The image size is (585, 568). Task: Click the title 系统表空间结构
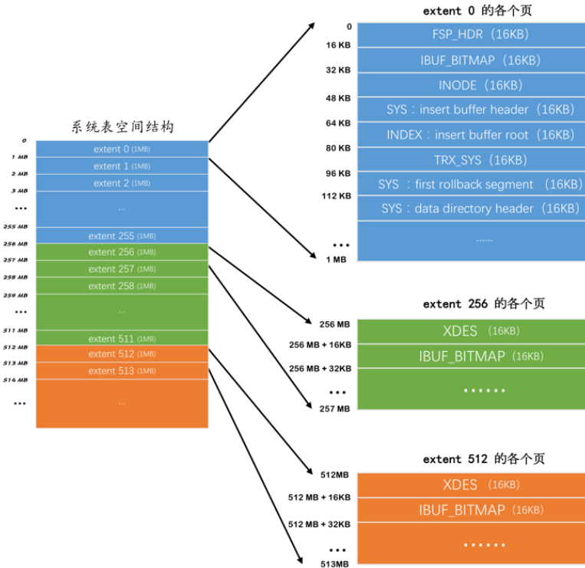coord(123,126)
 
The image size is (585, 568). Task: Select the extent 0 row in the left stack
coord(122,149)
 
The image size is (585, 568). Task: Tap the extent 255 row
coord(122,236)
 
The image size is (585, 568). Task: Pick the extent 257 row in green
coord(122,269)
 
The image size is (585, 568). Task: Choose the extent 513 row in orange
coord(122,371)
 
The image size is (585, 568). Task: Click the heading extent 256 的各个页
coord(483,304)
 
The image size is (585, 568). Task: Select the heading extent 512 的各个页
coord(483,458)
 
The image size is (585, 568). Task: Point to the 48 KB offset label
coord(337,98)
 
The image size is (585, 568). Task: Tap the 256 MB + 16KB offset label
coord(320,346)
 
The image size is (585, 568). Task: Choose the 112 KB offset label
coord(336,196)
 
